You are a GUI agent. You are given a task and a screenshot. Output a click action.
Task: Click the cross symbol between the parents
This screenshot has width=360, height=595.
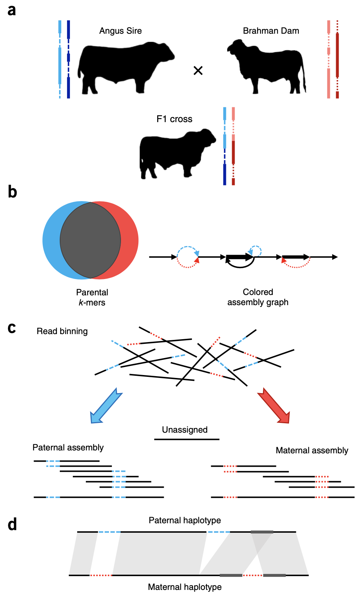(198, 71)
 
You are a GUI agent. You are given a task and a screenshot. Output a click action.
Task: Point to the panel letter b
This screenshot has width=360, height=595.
(12, 192)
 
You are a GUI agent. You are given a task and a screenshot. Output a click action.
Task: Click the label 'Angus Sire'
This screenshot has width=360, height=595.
(121, 31)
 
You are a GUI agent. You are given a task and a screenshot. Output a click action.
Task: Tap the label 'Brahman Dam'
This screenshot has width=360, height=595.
(271, 31)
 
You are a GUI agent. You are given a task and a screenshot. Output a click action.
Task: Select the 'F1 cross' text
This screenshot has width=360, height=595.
(175, 119)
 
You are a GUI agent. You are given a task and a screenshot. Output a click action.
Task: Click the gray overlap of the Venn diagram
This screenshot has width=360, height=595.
(90, 240)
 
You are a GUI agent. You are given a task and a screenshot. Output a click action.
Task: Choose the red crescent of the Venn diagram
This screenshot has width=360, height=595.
(130, 240)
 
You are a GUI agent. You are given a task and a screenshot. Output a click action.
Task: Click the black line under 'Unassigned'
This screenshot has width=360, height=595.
(187, 439)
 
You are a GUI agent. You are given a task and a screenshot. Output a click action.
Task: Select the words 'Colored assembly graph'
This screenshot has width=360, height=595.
(258, 297)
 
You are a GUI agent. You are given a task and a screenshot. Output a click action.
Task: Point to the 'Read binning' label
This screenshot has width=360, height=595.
(62, 331)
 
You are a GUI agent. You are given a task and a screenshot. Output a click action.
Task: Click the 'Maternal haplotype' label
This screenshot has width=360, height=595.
(185, 587)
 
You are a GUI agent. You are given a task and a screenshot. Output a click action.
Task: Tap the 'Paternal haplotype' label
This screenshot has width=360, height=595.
(185, 520)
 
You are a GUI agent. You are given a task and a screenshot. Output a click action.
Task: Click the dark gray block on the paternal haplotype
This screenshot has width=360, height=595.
(262, 532)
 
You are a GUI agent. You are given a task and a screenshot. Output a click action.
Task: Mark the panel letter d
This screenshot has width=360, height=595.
(12, 524)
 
